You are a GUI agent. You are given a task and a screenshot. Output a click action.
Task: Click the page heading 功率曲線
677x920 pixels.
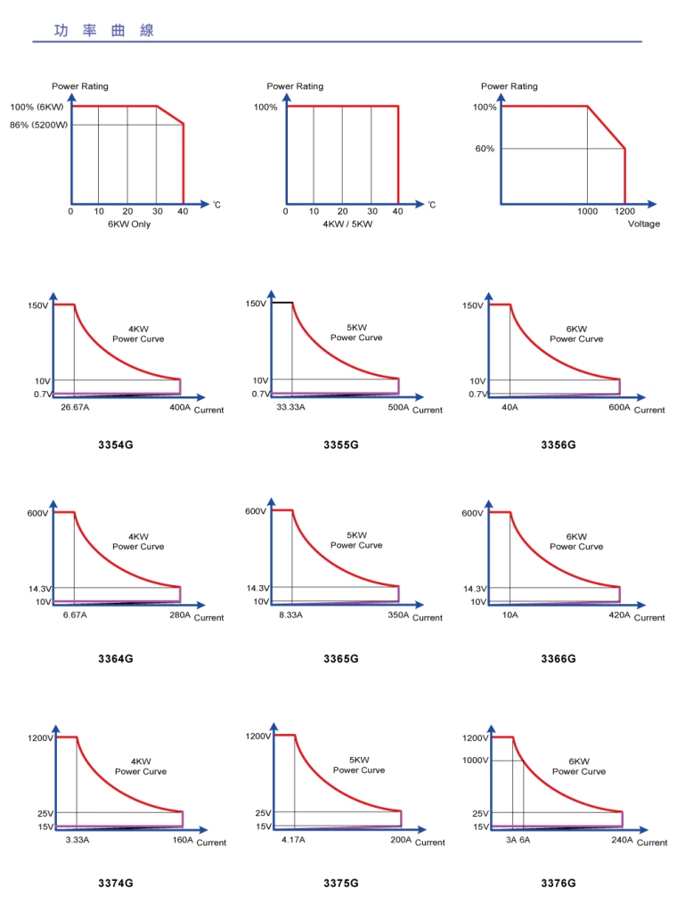[x=104, y=30]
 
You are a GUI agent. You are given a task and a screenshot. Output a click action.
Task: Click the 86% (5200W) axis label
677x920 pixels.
[x=38, y=126]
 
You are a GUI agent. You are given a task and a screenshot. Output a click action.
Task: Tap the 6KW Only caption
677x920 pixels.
[x=128, y=224]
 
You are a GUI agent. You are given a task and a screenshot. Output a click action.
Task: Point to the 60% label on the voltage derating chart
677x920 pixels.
[x=485, y=149]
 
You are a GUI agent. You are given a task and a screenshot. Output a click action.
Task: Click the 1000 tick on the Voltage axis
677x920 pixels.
[x=587, y=212]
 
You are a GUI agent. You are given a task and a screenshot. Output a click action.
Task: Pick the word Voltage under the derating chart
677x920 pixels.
[x=643, y=224]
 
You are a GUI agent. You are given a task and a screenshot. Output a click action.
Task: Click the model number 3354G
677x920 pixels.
[x=116, y=444]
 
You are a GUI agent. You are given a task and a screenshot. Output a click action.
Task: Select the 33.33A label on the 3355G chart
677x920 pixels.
[x=291, y=407]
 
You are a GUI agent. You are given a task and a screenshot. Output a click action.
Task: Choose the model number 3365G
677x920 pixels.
[x=341, y=659]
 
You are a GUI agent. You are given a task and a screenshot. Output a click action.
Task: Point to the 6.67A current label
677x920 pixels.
[x=76, y=615]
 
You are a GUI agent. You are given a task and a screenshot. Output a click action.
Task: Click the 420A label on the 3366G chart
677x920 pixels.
[x=619, y=615]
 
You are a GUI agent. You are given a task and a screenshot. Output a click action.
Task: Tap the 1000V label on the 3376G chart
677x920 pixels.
[x=476, y=761]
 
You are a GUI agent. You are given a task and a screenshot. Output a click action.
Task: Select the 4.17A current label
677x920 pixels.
[x=293, y=840]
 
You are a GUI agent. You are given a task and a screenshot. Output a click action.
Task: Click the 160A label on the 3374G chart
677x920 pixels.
[x=182, y=840]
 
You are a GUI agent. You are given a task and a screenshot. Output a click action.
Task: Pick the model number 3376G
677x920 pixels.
[x=559, y=883]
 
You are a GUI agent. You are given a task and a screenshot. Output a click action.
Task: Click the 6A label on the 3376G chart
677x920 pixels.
[x=525, y=840]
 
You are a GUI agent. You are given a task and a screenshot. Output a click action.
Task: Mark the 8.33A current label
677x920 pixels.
[x=291, y=615]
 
